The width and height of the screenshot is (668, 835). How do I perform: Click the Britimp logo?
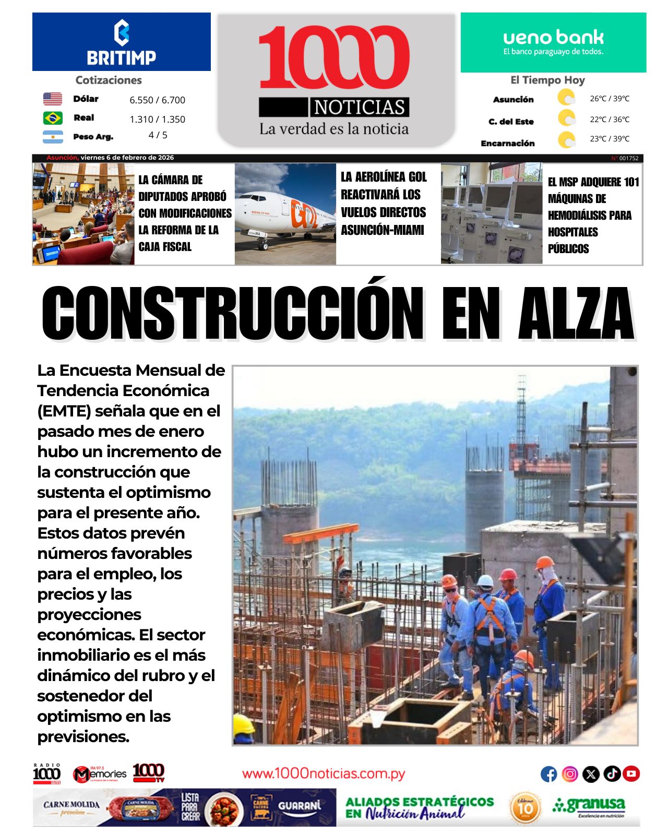click(121, 43)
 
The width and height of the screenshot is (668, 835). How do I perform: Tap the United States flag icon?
click(52, 99)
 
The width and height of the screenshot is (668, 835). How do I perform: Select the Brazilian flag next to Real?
click(52, 118)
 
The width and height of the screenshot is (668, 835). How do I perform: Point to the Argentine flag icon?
click(52, 137)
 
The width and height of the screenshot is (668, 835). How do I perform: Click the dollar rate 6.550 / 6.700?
click(157, 100)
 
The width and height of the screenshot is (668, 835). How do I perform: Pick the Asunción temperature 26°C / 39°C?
click(610, 99)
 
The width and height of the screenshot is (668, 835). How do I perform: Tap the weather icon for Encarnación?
click(566, 140)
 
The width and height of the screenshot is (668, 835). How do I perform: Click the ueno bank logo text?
click(553, 38)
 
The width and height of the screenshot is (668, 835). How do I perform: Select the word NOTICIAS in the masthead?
click(360, 108)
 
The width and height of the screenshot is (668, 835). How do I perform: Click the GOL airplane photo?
click(285, 214)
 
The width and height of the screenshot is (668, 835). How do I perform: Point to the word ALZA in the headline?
click(576, 313)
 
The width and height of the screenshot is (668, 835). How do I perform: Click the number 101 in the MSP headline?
click(631, 182)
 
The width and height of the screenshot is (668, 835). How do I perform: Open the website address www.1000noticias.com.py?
click(324, 773)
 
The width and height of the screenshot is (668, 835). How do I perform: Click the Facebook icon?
click(548, 774)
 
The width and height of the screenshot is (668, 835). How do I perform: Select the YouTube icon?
click(631, 774)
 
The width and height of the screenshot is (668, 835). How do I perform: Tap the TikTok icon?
click(612, 774)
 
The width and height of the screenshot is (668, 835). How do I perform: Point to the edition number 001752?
click(628, 158)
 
